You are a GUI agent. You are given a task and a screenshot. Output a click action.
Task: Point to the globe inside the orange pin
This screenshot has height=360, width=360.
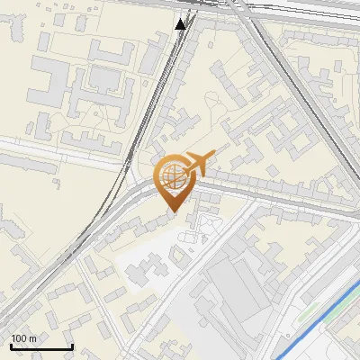172,174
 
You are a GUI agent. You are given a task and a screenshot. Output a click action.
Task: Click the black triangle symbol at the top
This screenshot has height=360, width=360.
181,24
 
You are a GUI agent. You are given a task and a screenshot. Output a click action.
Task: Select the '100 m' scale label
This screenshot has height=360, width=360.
23,338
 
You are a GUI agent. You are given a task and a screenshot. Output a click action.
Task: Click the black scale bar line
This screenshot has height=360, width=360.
40,347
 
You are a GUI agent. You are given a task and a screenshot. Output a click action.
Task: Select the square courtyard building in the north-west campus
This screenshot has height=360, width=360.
106,79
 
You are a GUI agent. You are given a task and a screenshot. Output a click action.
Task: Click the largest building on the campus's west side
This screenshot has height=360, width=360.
45,90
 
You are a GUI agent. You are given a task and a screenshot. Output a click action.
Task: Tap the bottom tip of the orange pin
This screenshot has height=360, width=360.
172,212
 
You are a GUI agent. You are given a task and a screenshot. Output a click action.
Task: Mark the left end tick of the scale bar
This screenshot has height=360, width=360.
10,346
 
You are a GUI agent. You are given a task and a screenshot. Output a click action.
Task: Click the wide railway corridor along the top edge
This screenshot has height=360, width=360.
270,9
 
